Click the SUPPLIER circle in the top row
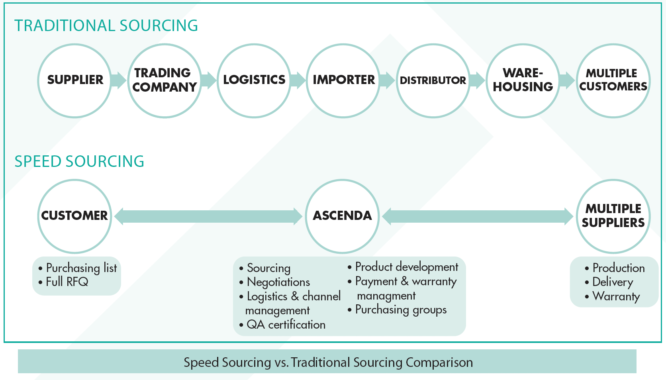pyautogui.click(x=75, y=80)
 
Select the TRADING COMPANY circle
pyautogui.click(x=165, y=80)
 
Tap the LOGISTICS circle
pyautogui.click(x=254, y=80)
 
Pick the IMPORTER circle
pyautogui.click(x=343, y=80)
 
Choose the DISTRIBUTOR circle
pyautogui.click(x=433, y=80)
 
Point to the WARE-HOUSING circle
pyautogui.click(x=523, y=80)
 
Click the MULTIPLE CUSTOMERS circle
pyautogui.click(x=613, y=80)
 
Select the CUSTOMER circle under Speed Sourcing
pyautogui.click(x=74, y=216)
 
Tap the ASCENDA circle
pyautogui.click(x=342, y=216)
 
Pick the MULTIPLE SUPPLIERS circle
pyautogui.click(x=613, y=216)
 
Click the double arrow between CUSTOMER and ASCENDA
pyautogui.click(x=208, y=216)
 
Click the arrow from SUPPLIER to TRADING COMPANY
pyautogui.click(x=118, y=80)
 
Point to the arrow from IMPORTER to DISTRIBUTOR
pyautogui.click(x=387, y=80)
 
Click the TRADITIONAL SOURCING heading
pyautogui.click(x=106, y=26)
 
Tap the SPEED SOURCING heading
pyautogui.click(x=79, y=162)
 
